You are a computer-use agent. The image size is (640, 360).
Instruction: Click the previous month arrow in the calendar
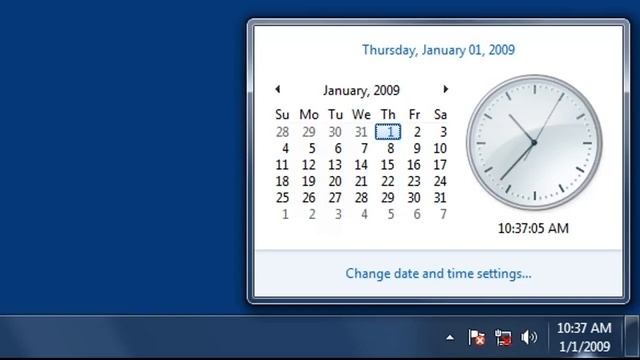[277, 90]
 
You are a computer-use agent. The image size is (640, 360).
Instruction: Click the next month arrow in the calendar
[446, 90]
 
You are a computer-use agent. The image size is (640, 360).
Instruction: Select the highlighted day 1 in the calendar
[388, 131]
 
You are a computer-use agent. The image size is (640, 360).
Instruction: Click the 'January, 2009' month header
[361, 90]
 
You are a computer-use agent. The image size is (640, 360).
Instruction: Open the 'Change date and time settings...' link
[438, 272]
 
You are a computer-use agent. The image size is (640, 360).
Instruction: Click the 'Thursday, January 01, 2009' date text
[438, 49]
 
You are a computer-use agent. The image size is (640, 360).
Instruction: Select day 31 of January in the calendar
[440, 197]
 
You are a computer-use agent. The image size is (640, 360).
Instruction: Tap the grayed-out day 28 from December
[282, 131]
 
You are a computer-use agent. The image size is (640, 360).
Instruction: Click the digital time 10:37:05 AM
[533, 228]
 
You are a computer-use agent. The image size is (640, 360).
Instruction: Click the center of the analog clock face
[533, 142]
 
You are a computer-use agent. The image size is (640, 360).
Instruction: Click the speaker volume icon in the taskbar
[529, 338]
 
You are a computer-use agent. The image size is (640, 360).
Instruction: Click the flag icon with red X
[477, 338]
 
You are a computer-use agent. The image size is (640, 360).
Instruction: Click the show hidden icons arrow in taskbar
[450, 338]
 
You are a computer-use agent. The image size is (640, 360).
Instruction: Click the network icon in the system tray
[503, 338]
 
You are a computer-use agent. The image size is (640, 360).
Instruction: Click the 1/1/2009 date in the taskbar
[583, 346]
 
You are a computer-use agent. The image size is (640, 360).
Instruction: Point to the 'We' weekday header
[361, 114]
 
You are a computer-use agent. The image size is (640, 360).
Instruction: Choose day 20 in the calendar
[335, 181]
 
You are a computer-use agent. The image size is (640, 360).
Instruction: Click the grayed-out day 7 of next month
[441, 214]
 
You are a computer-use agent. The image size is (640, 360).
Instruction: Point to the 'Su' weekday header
[282, 114]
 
